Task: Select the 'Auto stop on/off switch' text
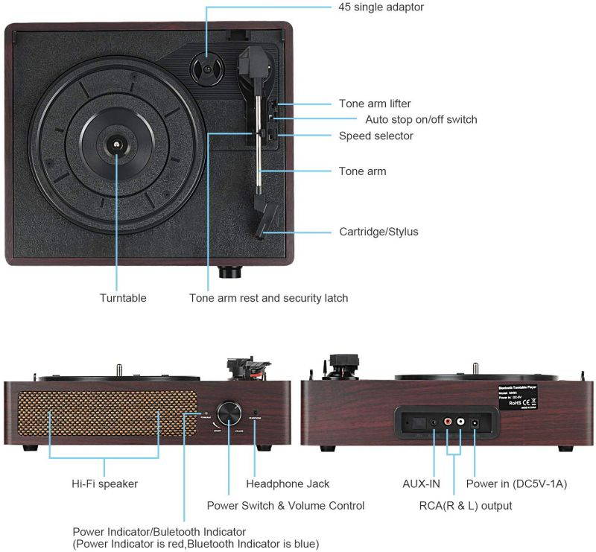[x=421, y=119]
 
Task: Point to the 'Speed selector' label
[x=375, y=136]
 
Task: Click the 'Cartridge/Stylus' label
[x=378, y=232]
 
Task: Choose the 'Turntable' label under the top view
[x=123, y=298]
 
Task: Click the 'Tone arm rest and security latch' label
[x=268, y=298]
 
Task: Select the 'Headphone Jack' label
[x=288, y=483]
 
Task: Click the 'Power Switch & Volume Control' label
[x=285, y=506]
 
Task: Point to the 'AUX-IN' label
[x=422, y=483]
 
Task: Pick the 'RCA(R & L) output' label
[x=466, y=506]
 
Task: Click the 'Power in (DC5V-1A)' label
[x=516, y=483]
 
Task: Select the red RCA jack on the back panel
[x=447, y=422]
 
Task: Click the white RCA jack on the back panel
[x=461, y=422]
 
